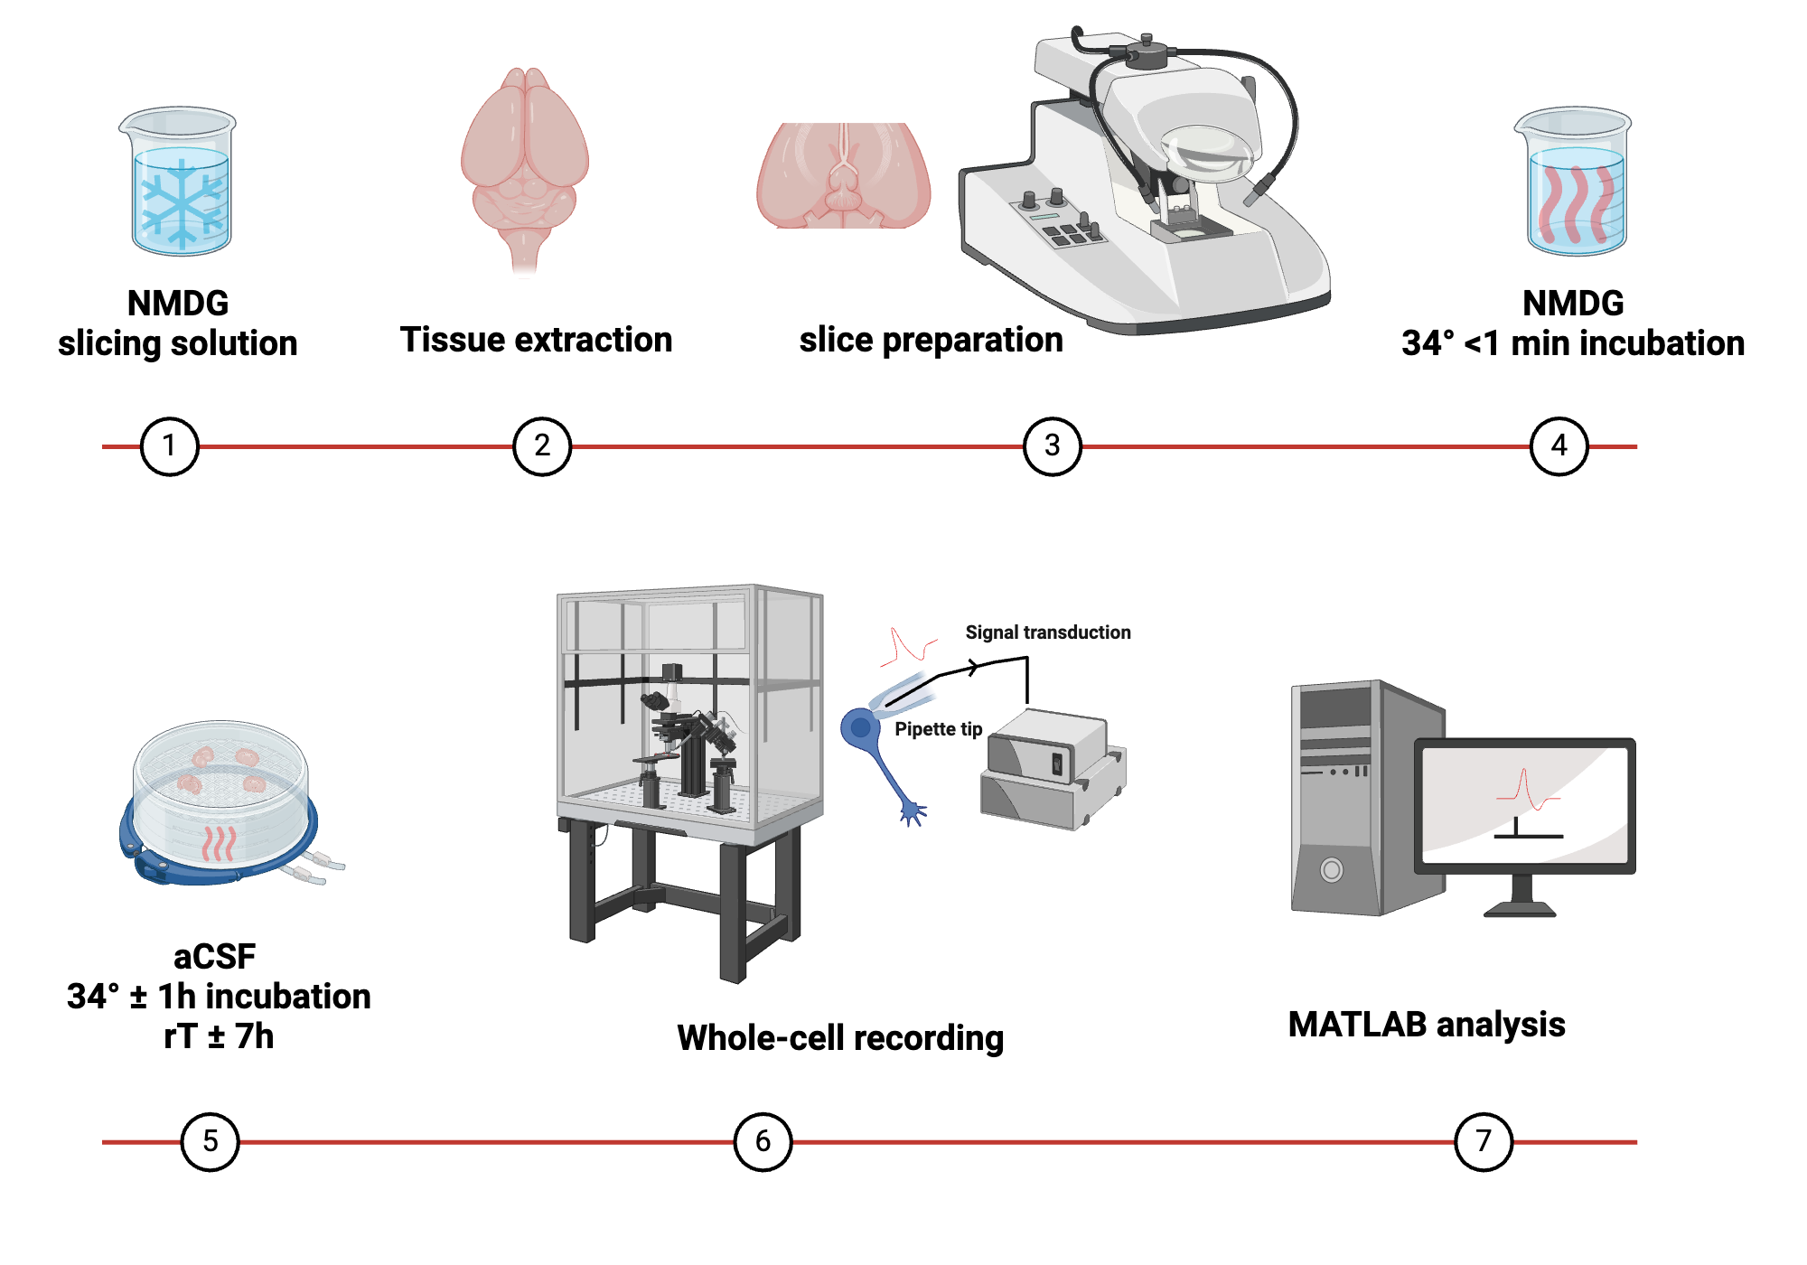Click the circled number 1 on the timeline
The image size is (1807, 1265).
(169, 446)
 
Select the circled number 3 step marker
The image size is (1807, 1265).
(1052, 446)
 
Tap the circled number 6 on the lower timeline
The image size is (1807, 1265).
(763, 1142)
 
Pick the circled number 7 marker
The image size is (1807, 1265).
(1483, 1142)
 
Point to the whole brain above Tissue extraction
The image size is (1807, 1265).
(524, 163)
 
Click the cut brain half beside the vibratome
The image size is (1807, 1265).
(843, 176)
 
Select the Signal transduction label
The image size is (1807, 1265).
(1047, 632)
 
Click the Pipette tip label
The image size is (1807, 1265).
(938, 729)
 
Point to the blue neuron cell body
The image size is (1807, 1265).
(860, 727)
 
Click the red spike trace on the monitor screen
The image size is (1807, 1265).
(1526, 791)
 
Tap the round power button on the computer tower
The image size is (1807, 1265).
(1331, 870)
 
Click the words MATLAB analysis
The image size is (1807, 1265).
(1426, 1025)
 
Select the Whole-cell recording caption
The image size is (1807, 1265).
(840, 1038)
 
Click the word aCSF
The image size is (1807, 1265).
(214, 956)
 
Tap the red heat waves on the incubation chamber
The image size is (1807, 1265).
(218, 842)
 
